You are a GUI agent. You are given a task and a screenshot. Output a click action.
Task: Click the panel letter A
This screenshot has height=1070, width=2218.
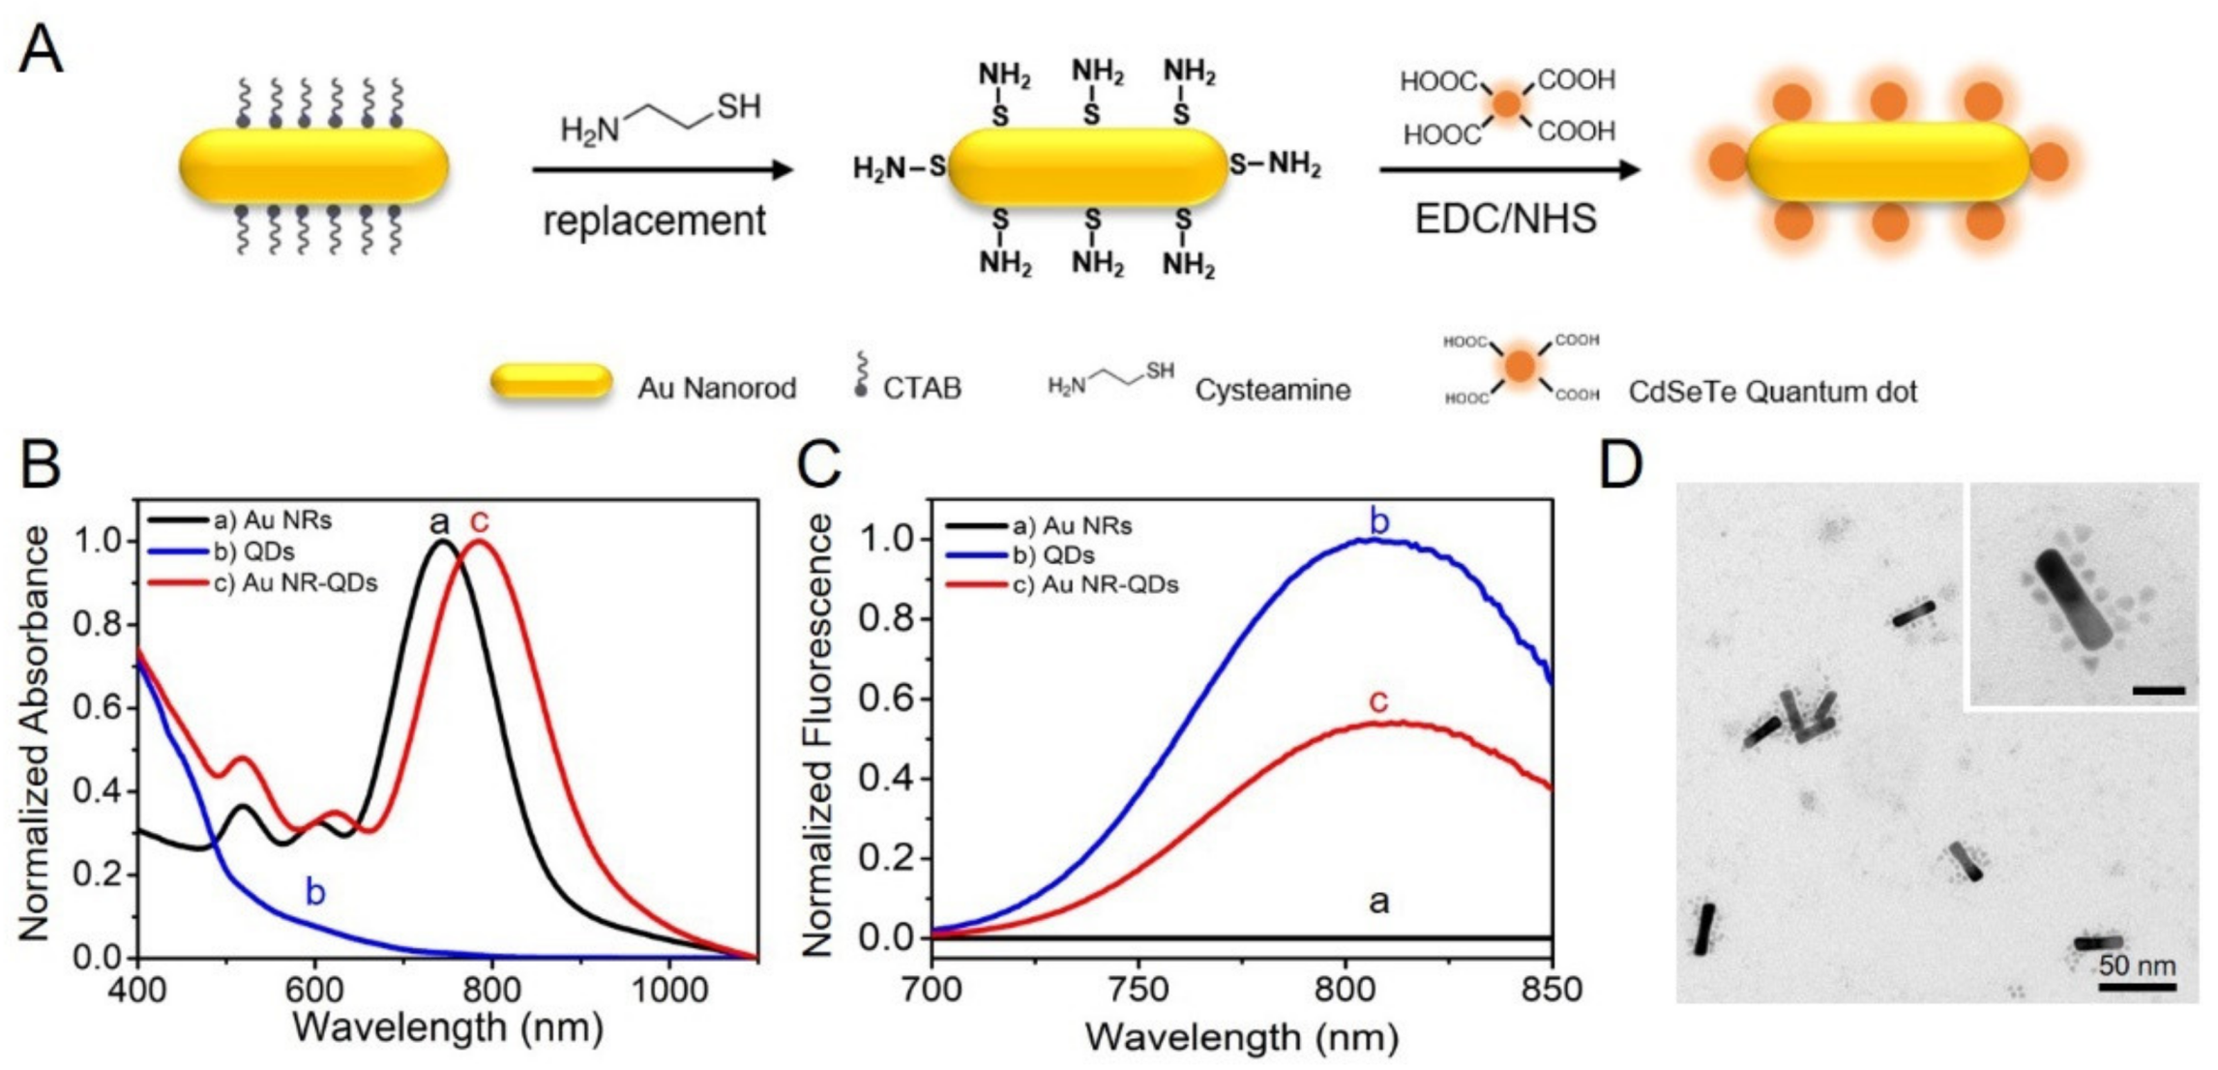click(x=41, y=50)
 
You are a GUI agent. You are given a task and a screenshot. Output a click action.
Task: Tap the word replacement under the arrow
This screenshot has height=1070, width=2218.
click(x=654, y=222)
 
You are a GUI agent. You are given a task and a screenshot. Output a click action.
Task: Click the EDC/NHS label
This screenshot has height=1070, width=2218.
click(x=1505, y=219)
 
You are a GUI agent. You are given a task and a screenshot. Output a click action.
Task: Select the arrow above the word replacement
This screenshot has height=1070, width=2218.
click(x=663, y=170)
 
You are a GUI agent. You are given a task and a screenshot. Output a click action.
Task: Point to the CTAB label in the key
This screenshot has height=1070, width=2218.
click(x=922, y=389)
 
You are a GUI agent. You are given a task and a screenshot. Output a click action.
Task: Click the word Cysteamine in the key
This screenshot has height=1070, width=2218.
click(x=1272, y=391)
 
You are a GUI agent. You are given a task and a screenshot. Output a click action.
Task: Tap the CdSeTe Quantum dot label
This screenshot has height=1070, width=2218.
click(x=1772, y=392)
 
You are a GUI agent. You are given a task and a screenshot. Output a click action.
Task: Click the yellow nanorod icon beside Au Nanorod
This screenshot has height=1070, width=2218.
click(x=551, y=383)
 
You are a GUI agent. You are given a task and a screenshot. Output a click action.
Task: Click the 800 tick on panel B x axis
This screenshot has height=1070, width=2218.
click(x=491, y=991)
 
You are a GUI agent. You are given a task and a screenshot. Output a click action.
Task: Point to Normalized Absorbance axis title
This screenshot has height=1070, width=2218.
click(x=35, y=732)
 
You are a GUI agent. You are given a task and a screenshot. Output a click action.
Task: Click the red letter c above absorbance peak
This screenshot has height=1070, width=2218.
click(x=479, y=521)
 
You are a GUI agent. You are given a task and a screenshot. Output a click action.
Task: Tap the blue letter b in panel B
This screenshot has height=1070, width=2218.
click(x=315, y=892)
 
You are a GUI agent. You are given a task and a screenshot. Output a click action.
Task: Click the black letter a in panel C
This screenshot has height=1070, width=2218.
click(x=1378, y=902)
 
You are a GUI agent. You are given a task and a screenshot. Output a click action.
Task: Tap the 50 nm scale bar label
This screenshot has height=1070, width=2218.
click(x=2137, y=966)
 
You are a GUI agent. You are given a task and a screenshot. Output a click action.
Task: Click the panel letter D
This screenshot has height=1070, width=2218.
click(x=1620, y=466)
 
